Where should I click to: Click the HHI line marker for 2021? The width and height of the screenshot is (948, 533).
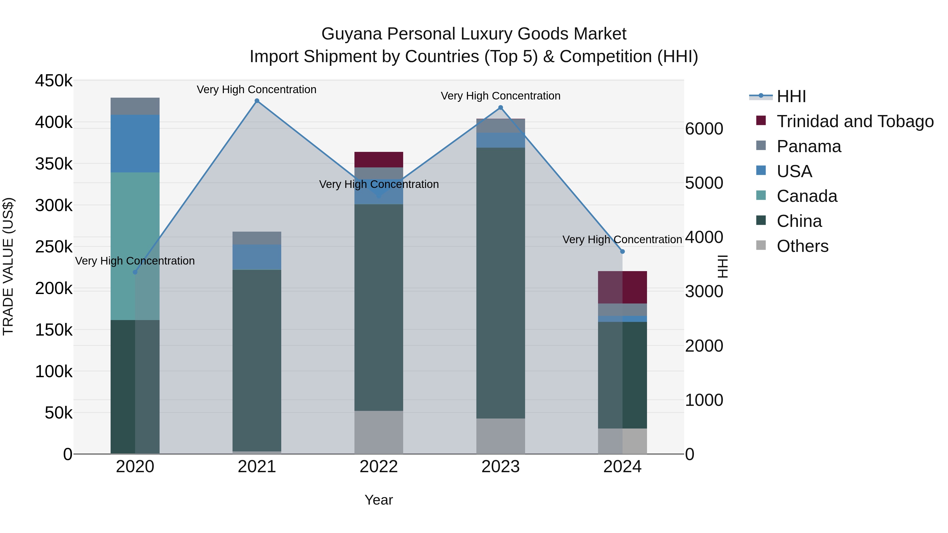257,101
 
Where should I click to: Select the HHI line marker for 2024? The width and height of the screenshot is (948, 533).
622,252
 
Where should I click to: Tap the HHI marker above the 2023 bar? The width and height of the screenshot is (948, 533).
501,108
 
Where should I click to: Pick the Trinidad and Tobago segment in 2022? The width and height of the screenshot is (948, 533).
379,160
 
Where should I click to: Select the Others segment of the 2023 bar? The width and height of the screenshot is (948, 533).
501,436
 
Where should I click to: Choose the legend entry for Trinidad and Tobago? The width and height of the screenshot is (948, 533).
855,121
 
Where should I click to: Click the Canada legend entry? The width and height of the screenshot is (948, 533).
807,196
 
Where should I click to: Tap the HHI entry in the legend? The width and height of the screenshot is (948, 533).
791,96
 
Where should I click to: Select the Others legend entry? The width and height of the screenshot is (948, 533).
802,246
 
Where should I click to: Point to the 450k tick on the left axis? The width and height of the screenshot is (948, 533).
54,81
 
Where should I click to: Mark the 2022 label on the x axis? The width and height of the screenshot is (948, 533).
379,467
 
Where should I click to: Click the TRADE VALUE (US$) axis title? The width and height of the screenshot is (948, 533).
8,266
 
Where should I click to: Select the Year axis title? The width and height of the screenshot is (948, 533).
379,500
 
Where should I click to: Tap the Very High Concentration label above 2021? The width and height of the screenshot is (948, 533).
256,89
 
